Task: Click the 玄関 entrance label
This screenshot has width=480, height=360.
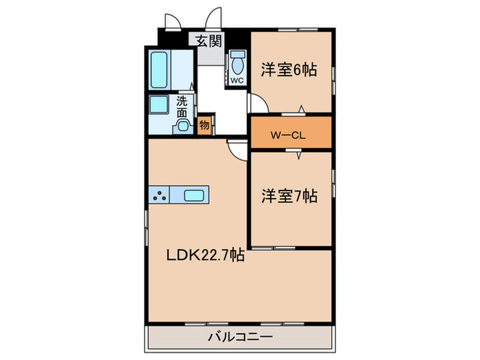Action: click(x=210, y=40)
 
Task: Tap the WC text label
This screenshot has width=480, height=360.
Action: click(x=237, y=80)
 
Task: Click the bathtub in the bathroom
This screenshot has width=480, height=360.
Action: click(x=160, y=69)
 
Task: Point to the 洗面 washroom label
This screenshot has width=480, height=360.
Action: click(x=182, y=106)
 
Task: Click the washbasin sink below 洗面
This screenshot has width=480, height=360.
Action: click(x=182, y=125)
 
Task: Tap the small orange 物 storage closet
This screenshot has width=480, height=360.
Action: click(x=204, y=125)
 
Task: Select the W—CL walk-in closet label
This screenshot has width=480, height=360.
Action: click(x=287, y=134)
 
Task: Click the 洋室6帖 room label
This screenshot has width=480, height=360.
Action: click(x=289, y=69)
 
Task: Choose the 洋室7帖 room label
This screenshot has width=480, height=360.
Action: click(x=289, y=196)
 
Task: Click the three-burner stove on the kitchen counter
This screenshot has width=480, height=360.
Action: click(x=160, y=195)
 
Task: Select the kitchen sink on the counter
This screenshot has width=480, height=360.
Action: click(x=193, y=195)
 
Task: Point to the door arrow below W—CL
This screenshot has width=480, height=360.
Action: click(x=299, y=156)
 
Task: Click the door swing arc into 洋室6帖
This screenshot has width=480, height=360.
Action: click(x=257, y=103)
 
